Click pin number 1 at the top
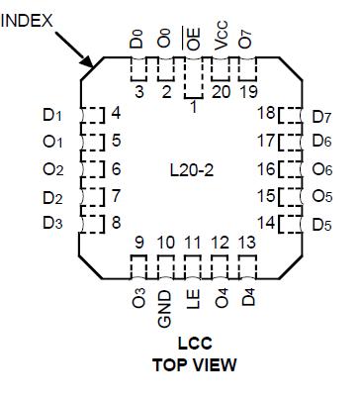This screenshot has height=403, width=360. click(193, 105)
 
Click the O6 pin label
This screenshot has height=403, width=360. click(322, 169)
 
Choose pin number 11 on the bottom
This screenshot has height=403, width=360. click(193, 243)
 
